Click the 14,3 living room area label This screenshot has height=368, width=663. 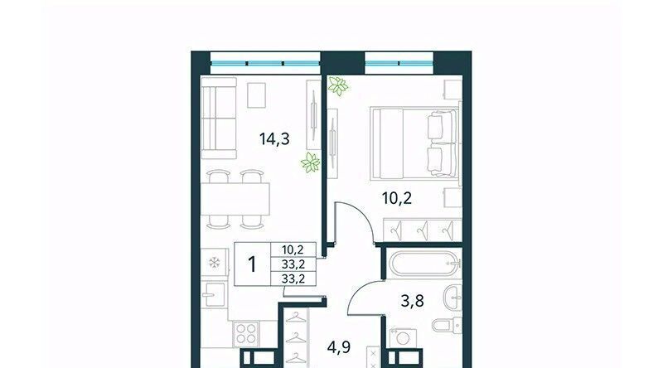(274, 138)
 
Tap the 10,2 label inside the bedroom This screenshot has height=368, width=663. (397, 197)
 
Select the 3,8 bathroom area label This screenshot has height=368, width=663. (412, 301)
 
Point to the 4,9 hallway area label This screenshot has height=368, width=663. (339, 347)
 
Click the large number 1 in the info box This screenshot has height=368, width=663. (252, 264)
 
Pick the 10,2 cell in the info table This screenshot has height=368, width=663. (293, 249)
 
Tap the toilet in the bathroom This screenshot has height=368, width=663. (447, 325)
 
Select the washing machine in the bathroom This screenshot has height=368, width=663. (403, 338)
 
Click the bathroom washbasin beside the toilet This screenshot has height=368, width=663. (452, 297)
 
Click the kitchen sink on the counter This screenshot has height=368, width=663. (214, 294)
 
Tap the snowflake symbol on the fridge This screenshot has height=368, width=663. (215, 263)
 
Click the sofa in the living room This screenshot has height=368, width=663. (218, 118)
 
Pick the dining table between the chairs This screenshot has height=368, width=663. (235, 200)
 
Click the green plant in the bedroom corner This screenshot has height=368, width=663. (338, 86)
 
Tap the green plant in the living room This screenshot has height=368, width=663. (310, 162)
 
